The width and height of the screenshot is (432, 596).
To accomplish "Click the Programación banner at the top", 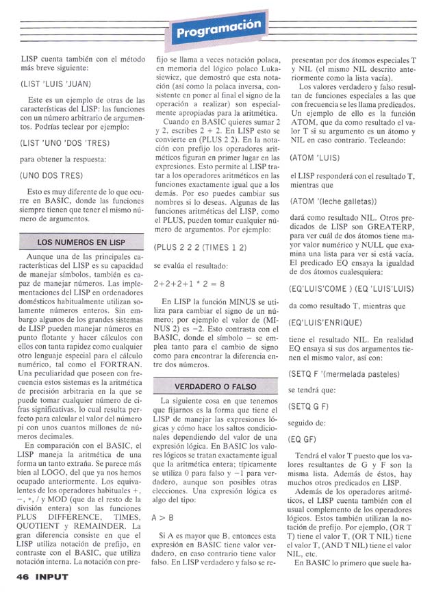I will [x=218, y=29].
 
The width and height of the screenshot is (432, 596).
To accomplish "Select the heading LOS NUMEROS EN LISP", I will [x=81, y=242].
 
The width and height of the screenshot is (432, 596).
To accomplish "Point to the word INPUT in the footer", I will [x=53, y=577].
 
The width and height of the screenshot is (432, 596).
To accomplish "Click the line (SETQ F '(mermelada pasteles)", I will [x=344, y=374].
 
